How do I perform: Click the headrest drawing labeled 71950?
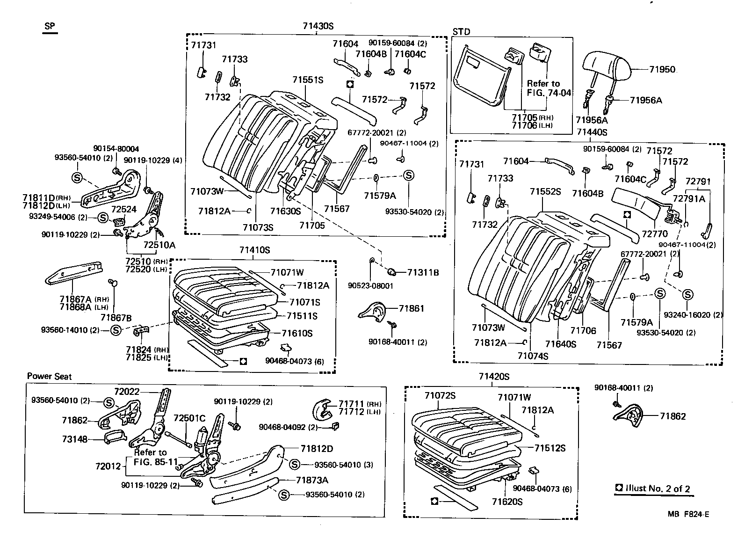pyautogui.click(x=607, y=69)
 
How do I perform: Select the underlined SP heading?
pyautogui.click(x=49, y=26)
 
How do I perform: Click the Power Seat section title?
pyautogui.click(x=50, y=376)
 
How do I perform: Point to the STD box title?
pyautogui.click(x=462, y=32)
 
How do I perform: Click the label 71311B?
pyautogui.click(x=423, y=272)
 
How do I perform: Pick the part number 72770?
pyautogui.click(x=654, y=233)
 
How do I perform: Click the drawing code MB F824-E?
pyautogui.click(x=688, y=514)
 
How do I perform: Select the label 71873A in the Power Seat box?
pyautogui.click(x=312, y=480)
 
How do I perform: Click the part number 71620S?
pyautogui.click(x=507, y=502)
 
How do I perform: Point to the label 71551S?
pyautogui.click(x=308, y=80)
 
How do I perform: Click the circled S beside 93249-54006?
pyautogui.click(x=103, y=218)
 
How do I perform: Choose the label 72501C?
pyautogui.click(x=189, y=418)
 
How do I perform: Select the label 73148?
pyautogui.click(x=75, y=439)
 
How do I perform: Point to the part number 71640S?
pyautogui.click(x=561, y=344)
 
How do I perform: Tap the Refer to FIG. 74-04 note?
pyautogui.click(x=549, y=88)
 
